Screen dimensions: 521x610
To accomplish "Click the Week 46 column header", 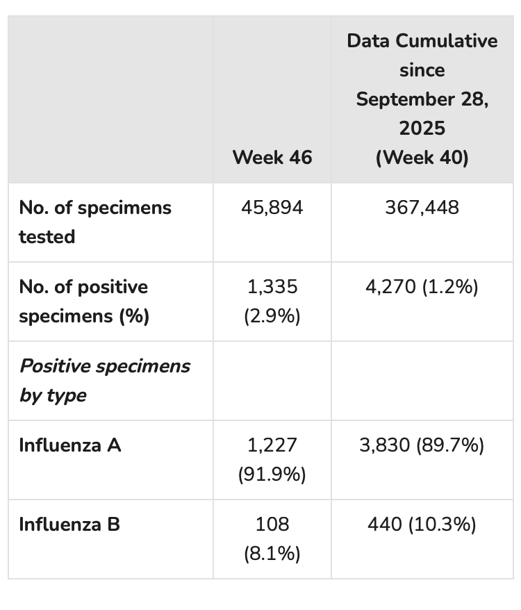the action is (x=272, y=158).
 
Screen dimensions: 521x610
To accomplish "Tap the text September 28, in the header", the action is (x=422, y=99).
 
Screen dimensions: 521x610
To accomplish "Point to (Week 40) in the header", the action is (x=422, y=158).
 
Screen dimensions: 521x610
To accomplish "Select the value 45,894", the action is (x=272, y=207).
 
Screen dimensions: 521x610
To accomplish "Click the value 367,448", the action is (x=422, y=207).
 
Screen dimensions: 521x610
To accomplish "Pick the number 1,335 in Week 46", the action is (x=272, y=287).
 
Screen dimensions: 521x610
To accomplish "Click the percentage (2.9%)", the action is (x=272, y=316).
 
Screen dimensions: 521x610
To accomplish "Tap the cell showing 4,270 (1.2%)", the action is (x=422, y=287).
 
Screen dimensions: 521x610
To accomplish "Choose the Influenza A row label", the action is (x=70, y=445).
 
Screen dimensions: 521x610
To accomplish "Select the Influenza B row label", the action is (x=69, y=525).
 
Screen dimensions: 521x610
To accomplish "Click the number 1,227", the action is (x=272, y=445).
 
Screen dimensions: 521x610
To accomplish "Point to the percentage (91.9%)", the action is (x=272, y=475).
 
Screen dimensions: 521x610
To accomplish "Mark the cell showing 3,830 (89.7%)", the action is (x=422, y=445).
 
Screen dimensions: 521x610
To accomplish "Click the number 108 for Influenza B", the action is (x=272, y=525).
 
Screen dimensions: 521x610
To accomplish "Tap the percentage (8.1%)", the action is (x=272, y=554).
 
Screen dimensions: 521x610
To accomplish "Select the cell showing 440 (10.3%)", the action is (x=422, y=525).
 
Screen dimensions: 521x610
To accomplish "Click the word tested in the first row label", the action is (x=47, y=236).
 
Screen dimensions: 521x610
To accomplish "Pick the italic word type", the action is (x=67, y=396).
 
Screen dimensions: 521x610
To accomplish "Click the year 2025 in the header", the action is (x=422, y=129).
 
